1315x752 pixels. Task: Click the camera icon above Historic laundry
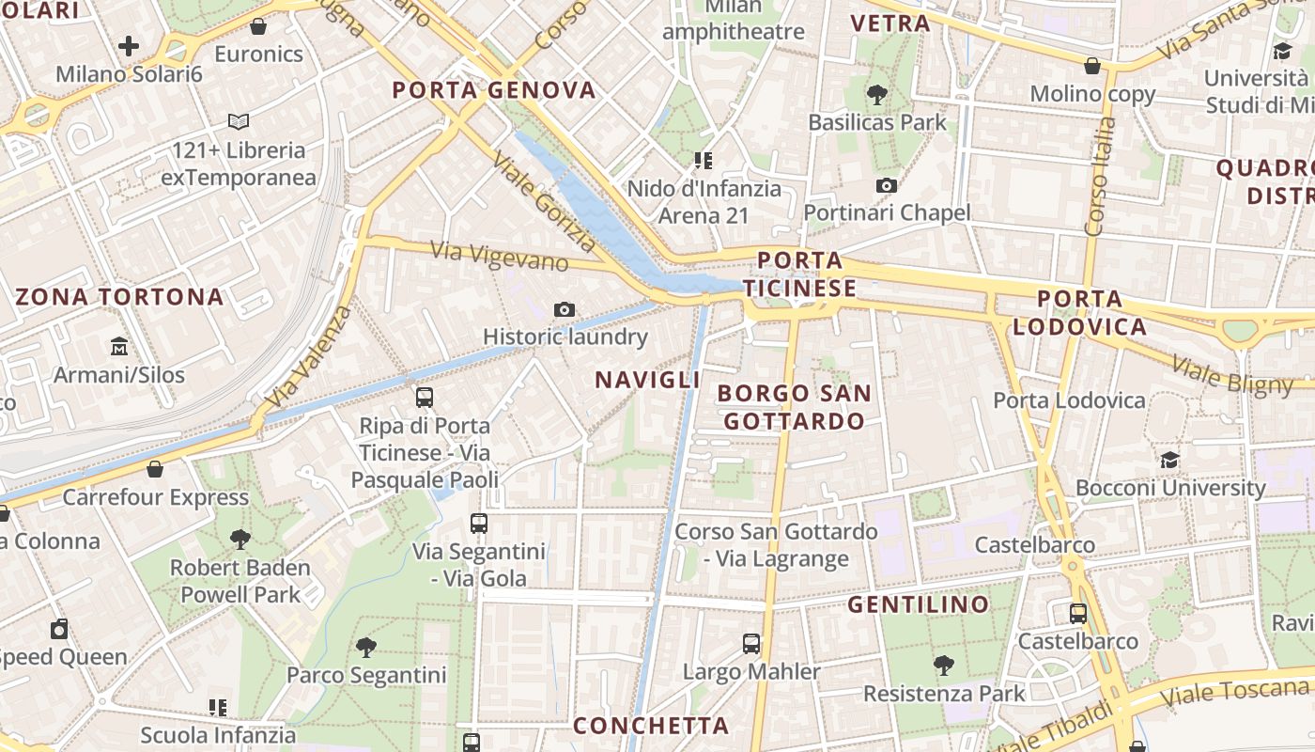pyautogui.click(x=565, y=309)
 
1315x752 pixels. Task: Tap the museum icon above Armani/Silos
pyautogui.click(x=119, y=348)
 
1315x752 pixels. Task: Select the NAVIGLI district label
pyautogui.click(x=648, y=380)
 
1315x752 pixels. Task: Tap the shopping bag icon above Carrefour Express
pyautogui.click(x=155, y=469)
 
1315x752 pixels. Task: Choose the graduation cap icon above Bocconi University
pyautogui.click(x=1169, y=460)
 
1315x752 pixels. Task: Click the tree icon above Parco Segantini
pyautogui.click(x=366, y=647)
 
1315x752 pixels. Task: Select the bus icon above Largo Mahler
pyautogui.click(x=751, y=644)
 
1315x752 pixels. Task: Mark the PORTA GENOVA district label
pyautogui.click(x=494, y=90)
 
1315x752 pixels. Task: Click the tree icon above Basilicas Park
pyautogui.click(x=877, y=94)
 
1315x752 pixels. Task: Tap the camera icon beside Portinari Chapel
pyautogui.click(x=886, y=186)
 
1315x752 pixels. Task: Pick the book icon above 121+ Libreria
pyautogui.click(x=239, y=121)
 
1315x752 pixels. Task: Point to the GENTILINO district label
pyautogui.click(x=919, y=604)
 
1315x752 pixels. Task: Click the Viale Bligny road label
pyautogui.click(x=1232, y=374)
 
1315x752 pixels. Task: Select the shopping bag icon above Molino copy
pyautogui.click(x=1092, y=66)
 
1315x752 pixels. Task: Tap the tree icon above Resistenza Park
pyautogui.click(x=944, y=666)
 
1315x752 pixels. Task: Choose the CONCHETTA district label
pyautogui.click(x=651, y=726)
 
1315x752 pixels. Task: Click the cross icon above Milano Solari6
pyautogui.click(x=129, y=45)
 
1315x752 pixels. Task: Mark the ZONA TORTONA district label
pyautogui.click(x=119, y=297)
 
